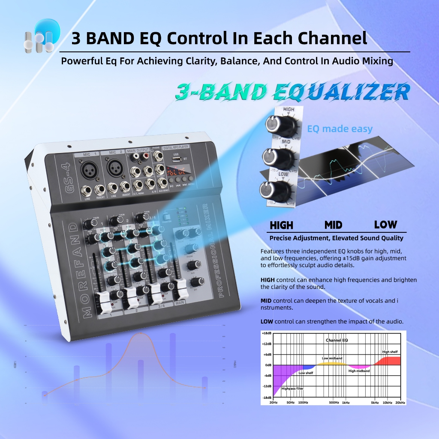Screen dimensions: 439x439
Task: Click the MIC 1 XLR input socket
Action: (88, 170)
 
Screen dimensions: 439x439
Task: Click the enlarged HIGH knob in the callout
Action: (274, 123)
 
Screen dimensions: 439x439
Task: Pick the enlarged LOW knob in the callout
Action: (268, 189)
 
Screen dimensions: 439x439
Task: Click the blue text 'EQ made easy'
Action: (340, 129)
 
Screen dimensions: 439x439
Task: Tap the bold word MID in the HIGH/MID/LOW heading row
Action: (333, 225)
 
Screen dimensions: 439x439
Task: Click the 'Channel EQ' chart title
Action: (337, 340)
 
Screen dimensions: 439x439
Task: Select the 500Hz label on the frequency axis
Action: (334, 403)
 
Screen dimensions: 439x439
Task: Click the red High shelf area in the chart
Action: (388, 361)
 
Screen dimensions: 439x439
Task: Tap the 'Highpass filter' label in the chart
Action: (293, 388)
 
